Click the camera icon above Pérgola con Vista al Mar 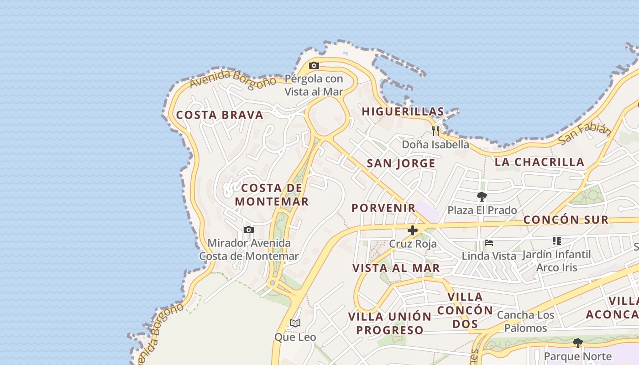[x=314, y=66]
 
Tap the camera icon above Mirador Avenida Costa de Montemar [x=248, y=229]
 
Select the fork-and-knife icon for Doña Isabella [x=435, y=131]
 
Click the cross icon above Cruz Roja [x=412, y=230]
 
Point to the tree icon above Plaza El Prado [x=482, y=197]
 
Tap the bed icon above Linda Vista [x=489, y=243]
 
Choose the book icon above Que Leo [x=295, y=323]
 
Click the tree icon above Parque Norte [x=578, y=343]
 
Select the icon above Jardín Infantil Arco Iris [x=556, y=240]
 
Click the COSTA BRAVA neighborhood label [x=220, y=115]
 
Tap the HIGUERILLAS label [x=403, y=111]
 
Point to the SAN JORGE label [x=401, y=163]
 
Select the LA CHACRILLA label [x=539, y=162]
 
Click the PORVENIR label [x=383, y=208]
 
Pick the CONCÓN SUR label [x=566, y=219]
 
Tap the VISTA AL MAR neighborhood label [x=396, y=268]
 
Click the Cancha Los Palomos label [x=525, y=321]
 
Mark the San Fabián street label [x=585, y=133]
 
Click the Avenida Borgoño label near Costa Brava [x=233, y=78]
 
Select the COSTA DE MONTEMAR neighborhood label [x=272, y=194]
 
